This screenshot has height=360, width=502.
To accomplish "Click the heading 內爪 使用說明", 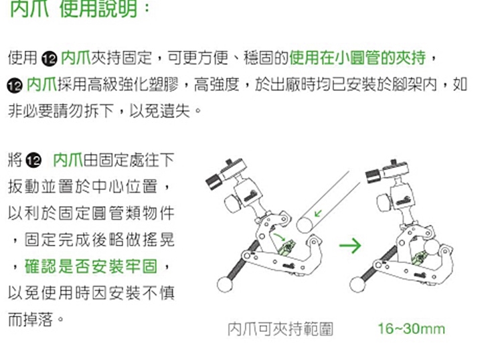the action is click(x=74, y=8).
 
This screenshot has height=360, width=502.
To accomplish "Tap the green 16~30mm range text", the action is click(x=412, y=329).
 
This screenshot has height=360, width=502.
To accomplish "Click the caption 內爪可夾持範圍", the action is click(x=280, y=329).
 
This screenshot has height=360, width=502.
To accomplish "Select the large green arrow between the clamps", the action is click(x=350, y=246).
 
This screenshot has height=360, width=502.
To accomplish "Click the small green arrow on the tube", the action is click(x=318, y=213).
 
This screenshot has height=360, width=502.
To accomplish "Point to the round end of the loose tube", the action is click(x=305, y=225).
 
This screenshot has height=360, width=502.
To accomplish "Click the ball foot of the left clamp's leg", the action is click(x=225, y=284).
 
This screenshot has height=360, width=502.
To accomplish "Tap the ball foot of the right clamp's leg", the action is click(x=357, y=284).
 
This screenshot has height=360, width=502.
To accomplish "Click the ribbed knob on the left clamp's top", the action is click(x=214, y=181).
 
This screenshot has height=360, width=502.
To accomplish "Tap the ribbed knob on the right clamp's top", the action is click(x=373, y=176).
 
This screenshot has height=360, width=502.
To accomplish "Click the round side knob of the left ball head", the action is click(x=232, y=203).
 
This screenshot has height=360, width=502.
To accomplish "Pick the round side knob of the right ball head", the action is click(x=384, y=202).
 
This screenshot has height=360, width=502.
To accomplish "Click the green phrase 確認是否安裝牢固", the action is click(x=91, y=266).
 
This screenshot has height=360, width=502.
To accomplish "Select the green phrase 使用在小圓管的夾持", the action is click(x=357, y=58).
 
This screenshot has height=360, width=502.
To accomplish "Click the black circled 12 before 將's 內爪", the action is click(x=33, y=161).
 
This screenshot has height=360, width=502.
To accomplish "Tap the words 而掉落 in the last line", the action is click(x=30, y=319).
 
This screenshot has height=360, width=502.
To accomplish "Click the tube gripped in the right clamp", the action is click(x=432, y=247).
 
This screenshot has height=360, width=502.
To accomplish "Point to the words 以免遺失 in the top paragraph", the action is click(x=160, y=111).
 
